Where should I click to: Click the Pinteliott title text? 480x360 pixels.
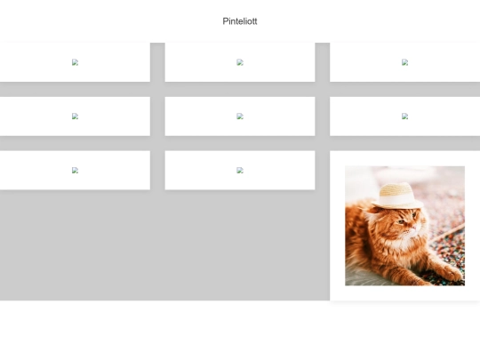(x=240, y=21)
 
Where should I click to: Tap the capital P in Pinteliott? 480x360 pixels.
(x=225, y=21)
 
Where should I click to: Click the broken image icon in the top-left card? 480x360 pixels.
(x=75, y=62)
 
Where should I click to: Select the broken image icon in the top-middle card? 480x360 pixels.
(x=240, y=62)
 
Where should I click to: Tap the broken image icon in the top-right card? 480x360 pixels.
(x=404, y=62)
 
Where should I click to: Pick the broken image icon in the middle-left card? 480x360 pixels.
(x=75, y=116)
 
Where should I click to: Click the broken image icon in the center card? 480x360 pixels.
(x=240, y=116)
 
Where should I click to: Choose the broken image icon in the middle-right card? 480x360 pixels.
(x=404, y=116)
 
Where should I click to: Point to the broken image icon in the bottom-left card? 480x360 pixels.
(x=75, y=170)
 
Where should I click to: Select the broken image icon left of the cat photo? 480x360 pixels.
(x=240, y=170)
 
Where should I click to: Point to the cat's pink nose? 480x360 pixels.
(x=414, y=228)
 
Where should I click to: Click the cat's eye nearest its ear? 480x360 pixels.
(x=400, y=221)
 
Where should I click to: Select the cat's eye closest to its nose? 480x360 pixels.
(x=413, y=215)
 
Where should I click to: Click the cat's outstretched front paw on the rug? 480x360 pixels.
(x=450, y=273)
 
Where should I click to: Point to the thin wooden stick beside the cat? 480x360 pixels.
(x=448, y=233)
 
